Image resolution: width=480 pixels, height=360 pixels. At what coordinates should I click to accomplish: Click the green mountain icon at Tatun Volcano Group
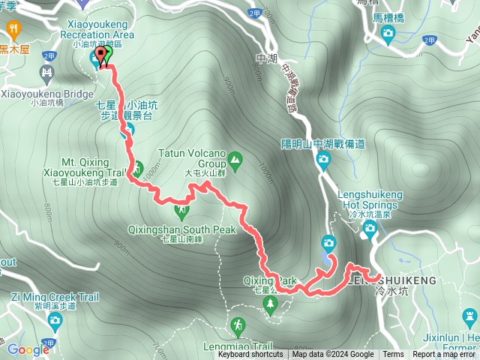235,159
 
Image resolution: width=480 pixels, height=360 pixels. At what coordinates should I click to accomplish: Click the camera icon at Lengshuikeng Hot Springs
368,231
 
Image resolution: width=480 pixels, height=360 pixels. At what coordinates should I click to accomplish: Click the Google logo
28,349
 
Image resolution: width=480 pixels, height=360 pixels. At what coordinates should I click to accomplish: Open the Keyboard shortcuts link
250,355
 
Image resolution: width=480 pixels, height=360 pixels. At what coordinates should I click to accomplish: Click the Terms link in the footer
393,355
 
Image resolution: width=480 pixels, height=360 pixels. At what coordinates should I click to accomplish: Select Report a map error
445,355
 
